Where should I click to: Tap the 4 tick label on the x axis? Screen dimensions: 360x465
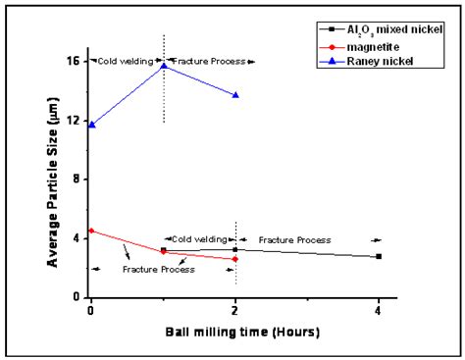(x=380, y=310)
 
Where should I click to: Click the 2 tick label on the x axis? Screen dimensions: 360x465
(x=235, y=310)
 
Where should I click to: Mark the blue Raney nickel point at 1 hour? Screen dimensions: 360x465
(x=164, y=65)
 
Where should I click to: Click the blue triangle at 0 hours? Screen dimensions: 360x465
(x=91, y=125)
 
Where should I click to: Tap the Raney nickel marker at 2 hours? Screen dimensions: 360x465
(x=235, y=95)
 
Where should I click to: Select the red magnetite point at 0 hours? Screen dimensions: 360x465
(x=91, y=231)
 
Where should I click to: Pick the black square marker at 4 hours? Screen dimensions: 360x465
(x=380, y=256)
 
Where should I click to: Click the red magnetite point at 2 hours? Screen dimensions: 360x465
(x=235, y=259)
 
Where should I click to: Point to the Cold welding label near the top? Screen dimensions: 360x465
(x=127, y=61)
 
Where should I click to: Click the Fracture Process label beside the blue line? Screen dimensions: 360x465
(x=209, y=61)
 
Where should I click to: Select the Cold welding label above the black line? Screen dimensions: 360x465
(x=199, y=239)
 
